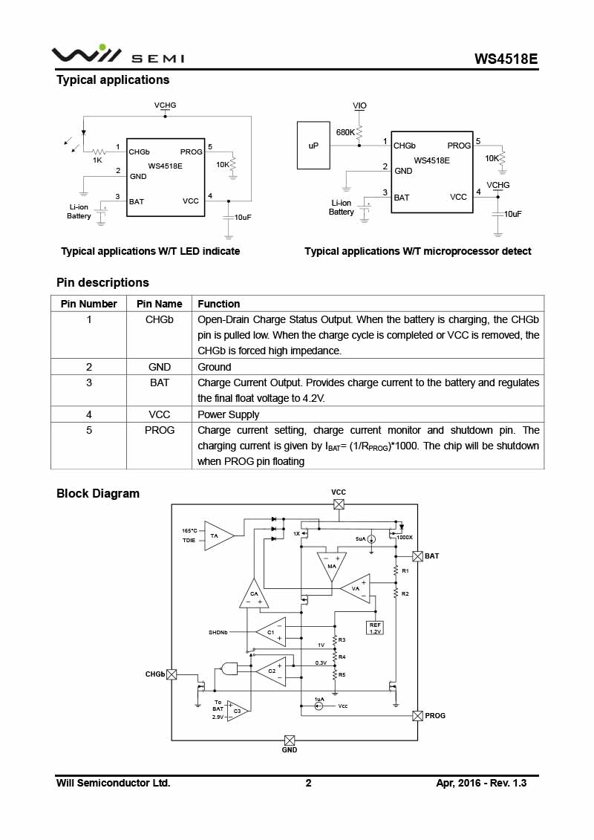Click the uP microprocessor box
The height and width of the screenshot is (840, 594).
tap(313, 145)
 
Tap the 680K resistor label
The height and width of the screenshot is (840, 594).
tap(345, 132)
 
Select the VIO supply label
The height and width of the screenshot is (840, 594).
tap(359, 105)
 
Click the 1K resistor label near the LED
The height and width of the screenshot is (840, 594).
tap(97, 160)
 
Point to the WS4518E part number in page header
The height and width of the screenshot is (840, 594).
tap(506, 59)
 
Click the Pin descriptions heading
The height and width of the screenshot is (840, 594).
tap(103, 282)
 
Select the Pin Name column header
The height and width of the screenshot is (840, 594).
tap(159, 304)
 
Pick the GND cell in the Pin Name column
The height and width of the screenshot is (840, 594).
tap(159, 367)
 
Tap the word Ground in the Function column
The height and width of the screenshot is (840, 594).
tap(215, 367)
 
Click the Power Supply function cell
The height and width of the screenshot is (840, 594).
tap(228, 414)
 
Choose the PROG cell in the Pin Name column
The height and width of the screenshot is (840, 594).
tap(159, 430)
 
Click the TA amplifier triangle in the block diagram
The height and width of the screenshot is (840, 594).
tap(218, 535)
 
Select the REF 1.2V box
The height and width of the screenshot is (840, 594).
tap(375, 628)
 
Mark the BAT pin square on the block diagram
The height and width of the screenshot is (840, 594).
tap(418, 556)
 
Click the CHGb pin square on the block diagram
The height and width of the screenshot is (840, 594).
tap(172, 674)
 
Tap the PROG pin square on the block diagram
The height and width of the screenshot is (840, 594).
tap(418, 716)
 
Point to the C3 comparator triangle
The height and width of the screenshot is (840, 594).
tap(237, 712)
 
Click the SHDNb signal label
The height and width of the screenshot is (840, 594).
tap(218, 633)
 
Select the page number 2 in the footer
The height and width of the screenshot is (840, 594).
tap(309, 784)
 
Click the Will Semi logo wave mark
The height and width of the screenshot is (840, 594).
tap(85, 53)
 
